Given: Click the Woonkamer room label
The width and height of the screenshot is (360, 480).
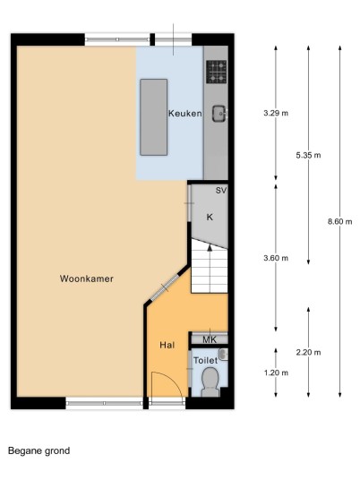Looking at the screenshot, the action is (x=87, y=279).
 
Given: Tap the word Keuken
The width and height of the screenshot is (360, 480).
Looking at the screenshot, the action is (x=184, y=114).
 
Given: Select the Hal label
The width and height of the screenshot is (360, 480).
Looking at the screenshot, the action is (x=167, y=346).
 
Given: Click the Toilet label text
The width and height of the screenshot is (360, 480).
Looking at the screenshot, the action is (x=205, y=360).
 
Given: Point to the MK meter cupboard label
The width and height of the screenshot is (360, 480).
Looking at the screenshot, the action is (x=210, y=339).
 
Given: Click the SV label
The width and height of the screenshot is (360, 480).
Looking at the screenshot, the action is (x=221, y=191).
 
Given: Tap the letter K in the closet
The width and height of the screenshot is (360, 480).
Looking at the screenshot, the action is (x=210, y=217).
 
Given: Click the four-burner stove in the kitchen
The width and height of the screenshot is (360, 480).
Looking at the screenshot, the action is (x=217, y=72).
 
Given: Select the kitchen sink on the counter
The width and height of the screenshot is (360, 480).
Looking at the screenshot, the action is (x=219, y=114).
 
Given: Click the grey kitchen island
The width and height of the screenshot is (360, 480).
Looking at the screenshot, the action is (x=154, y=117).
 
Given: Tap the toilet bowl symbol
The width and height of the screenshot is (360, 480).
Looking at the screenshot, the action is (x=210, y=381).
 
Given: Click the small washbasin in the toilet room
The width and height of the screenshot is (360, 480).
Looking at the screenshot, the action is (x=224, y=355).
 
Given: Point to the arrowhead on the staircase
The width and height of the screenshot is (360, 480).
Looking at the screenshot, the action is (x=210, y=248).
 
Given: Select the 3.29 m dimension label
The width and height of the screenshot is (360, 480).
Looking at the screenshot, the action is (x=276, y=113).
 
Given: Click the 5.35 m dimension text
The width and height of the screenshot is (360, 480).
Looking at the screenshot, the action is (x=308, y=155).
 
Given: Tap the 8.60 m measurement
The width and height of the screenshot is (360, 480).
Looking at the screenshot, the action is (x=339, y=221).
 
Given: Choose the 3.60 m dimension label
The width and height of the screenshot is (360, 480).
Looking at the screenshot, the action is (x=276, y=258).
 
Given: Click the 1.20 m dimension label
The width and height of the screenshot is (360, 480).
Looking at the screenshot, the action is (x=276, y=373).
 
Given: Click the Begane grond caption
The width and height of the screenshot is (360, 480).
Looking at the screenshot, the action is (x=39, y=451).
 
